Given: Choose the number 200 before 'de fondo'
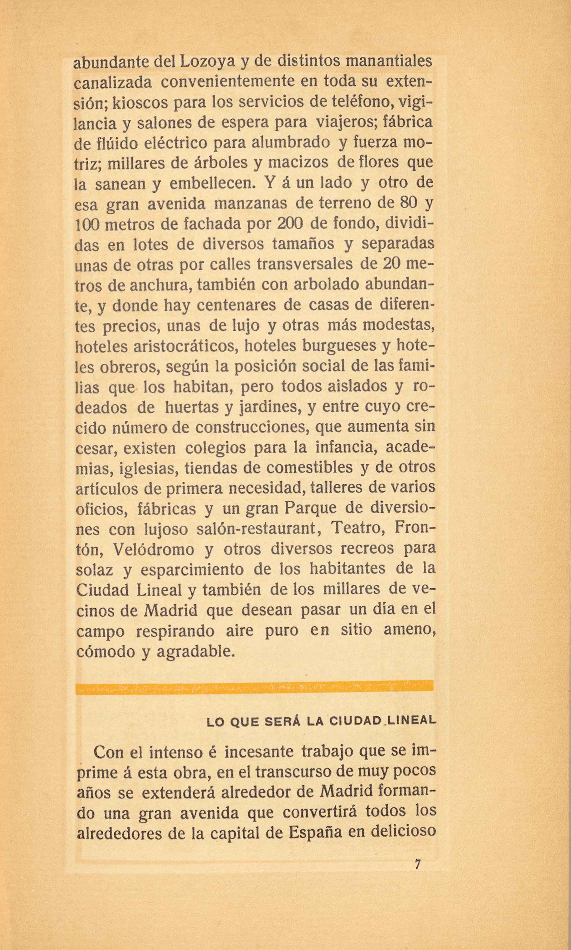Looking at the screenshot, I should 292,224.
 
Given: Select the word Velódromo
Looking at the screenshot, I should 153,549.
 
